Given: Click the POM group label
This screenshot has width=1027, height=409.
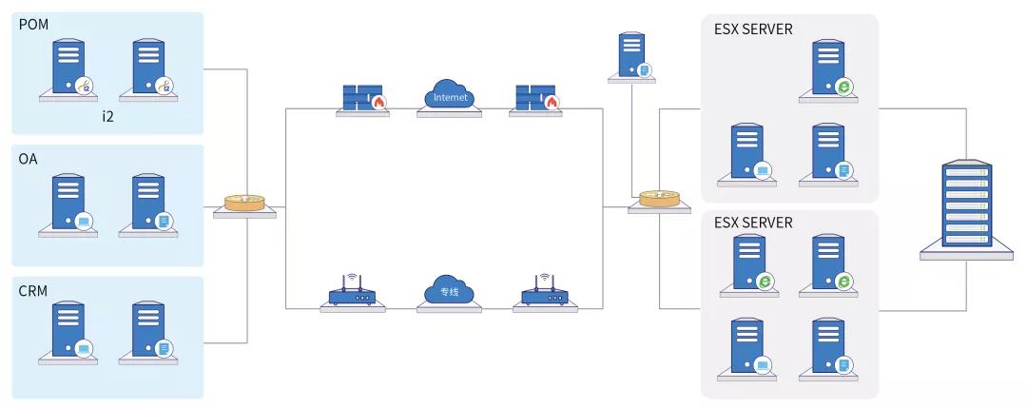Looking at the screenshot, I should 34,23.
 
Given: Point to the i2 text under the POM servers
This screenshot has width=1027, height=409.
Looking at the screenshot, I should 108,116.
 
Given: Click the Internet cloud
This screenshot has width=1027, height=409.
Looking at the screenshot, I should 450,97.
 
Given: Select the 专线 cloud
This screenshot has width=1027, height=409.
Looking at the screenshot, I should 449,291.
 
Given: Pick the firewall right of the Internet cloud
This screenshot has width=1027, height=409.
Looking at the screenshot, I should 535,98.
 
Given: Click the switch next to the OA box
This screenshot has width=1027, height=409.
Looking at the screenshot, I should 244,203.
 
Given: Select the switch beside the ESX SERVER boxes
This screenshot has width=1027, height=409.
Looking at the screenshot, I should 659,198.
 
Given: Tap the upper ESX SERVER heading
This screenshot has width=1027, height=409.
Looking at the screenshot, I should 753,29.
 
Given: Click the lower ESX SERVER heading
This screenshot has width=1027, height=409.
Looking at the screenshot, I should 753,224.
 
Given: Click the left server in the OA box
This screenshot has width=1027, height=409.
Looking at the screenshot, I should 68,201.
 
